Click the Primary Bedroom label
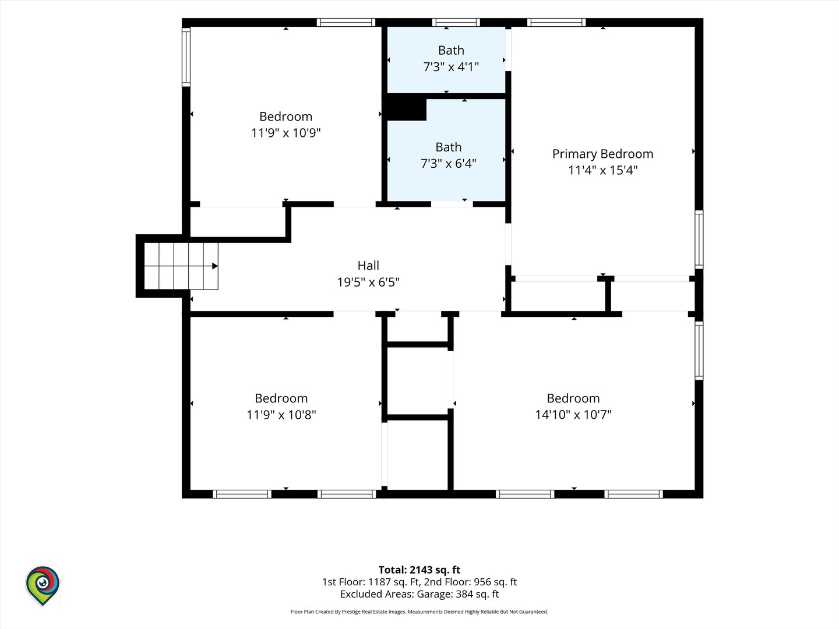tap(602, 154)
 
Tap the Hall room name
tap(368, 266)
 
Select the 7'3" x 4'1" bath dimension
tap(450, 67)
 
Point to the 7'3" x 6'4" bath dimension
tap(449, 164)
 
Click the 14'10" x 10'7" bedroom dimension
tap(573, 414)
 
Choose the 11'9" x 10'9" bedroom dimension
tap(285, 133)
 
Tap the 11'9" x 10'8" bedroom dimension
tap(281, 414)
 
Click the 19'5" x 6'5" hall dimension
tap(368, 282)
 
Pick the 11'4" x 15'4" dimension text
tap(602, 170)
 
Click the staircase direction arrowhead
tap(215, 266)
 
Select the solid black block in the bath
tap(407, 109)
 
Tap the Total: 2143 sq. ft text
tap(419, 570)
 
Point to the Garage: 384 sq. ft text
tap(457, 594)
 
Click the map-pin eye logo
tap(43, 585)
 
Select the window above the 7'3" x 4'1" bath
tap(456, 23)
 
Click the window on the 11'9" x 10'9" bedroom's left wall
tap(186, 57)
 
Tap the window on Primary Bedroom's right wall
tap(699, 239)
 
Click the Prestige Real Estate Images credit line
tap(419, 612)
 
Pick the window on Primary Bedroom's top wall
tap(556, 23)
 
